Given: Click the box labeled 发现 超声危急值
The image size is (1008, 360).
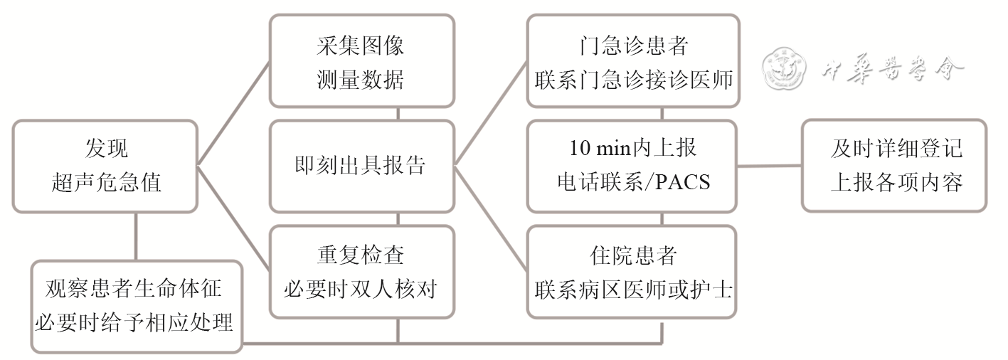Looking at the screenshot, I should pos(106,166).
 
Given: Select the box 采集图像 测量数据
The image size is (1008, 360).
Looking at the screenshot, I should pos(361,62).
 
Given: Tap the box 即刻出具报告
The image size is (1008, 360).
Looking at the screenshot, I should pos(361,166).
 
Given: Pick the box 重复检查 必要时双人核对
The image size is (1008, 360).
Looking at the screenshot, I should pos(361,271).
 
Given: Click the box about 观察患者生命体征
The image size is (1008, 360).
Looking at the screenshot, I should pos(135,307).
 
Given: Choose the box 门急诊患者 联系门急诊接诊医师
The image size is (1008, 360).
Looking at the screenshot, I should pos(632,62).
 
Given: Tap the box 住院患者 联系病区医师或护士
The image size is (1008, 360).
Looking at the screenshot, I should pos(632,271).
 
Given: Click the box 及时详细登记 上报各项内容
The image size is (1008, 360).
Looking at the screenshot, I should pos(894,166).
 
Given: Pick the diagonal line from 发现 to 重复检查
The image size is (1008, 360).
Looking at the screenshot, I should pos(233,218).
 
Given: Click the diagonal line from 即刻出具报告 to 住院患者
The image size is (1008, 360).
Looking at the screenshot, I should pos(491,218).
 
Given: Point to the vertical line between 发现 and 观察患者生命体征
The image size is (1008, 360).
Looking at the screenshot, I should pos(135,236).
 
